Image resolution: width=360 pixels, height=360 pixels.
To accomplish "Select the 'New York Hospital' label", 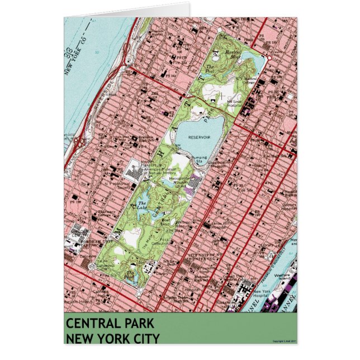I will pos(262,294).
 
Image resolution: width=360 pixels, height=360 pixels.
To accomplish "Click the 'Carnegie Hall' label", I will pos(101,291).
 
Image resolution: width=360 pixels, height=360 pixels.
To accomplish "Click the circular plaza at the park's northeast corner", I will pos(269,58).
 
